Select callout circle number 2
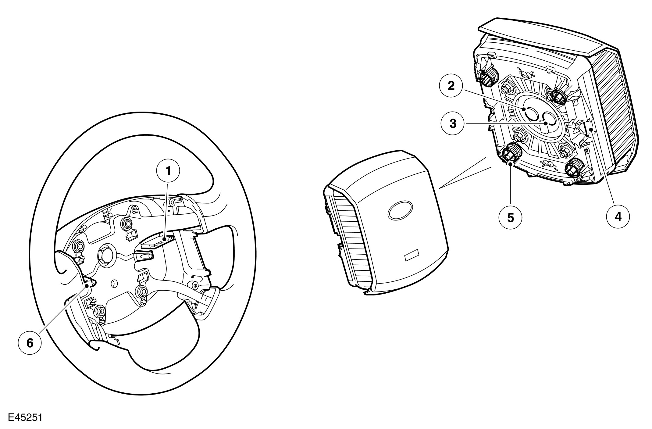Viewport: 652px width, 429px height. (451, 86)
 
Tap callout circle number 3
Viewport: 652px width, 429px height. (453, 124)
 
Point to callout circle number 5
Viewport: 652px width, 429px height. (510, 218)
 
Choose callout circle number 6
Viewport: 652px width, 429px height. (30, 343)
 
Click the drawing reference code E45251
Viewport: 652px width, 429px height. (25, 417)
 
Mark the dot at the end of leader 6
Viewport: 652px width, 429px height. (87, 286)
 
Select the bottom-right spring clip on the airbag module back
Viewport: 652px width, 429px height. (573, 168)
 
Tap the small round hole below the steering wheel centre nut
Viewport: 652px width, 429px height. (115, 283)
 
